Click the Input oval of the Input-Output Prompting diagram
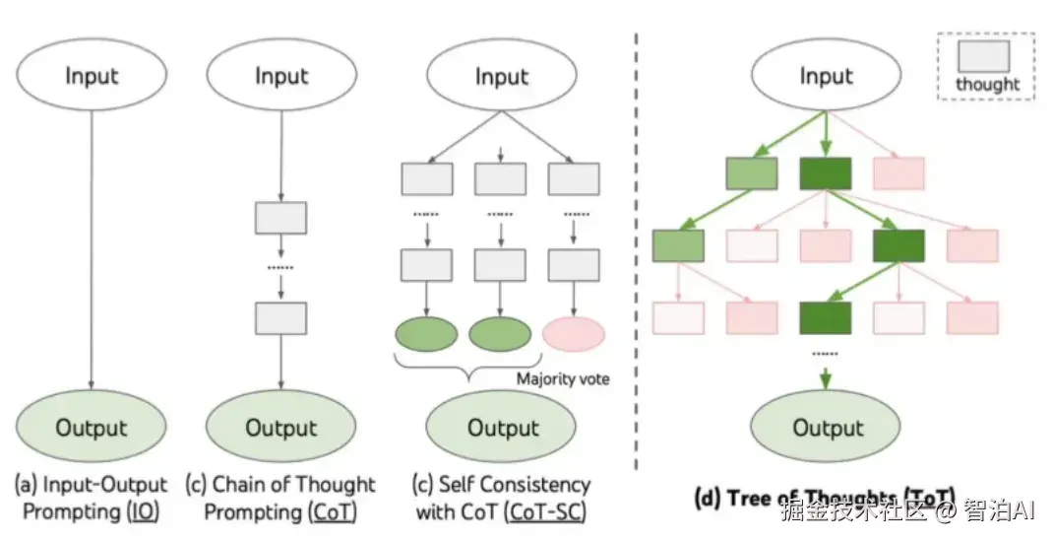tap(92, 76)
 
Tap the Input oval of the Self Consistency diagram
tap(502, 76)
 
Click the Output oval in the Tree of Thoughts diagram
tap(827, 428)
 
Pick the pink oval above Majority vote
tap(573, 334)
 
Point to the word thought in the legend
tap(987, 84)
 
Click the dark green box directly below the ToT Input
tap(824, 172)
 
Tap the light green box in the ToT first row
tap(752, 172)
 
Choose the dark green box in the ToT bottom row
tap(825, 317)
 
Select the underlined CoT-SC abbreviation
tap(543, 511)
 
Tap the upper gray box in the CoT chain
tap(280, 218)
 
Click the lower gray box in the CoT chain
tap(280, 317)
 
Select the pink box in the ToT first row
tap(898, 172)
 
